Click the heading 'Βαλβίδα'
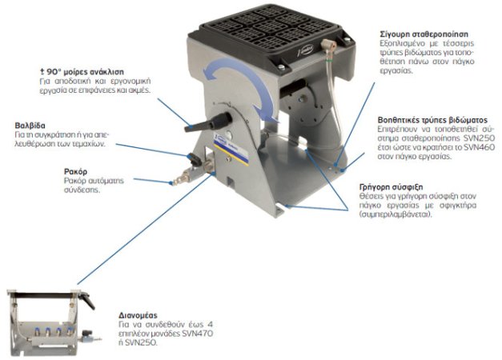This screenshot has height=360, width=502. [30, 125]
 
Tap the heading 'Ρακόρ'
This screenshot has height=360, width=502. [75, 172]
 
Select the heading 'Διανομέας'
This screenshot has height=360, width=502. [138, 315]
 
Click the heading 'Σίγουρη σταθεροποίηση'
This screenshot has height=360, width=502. [424, 34]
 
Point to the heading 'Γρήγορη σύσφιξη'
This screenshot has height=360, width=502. [391, 187]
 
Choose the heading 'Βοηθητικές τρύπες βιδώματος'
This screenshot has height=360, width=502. [432, 120]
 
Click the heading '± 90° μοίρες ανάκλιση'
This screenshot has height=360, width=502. [82, 72]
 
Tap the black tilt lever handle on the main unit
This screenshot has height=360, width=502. [207, 122]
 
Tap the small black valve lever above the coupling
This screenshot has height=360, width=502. [195, 158]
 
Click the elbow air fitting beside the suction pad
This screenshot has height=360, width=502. [328, 46]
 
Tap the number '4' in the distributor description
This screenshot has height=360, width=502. [210, 325]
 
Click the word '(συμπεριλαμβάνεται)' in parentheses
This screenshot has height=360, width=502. [396, 214]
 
